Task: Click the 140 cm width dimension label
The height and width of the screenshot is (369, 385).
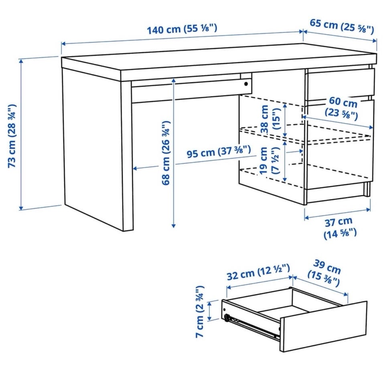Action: (182, 29)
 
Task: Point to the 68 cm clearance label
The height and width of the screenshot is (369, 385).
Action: (166, 153)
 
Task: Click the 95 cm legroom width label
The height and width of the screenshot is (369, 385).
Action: (219, 152)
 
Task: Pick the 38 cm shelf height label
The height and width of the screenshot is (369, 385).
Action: (270, 119)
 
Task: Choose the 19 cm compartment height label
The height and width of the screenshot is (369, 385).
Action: (269, 161)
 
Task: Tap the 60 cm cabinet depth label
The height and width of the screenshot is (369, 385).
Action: (342, 107)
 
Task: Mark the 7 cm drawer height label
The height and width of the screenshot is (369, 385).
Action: (200, 312)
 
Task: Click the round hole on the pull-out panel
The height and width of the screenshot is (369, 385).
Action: (246, 84)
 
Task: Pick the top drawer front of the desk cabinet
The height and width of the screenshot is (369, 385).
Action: (340, 84)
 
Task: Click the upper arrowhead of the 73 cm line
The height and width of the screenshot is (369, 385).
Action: (21, 61)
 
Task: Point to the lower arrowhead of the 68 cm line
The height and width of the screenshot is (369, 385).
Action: (174, 226)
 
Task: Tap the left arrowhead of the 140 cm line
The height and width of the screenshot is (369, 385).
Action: (63, 44)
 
